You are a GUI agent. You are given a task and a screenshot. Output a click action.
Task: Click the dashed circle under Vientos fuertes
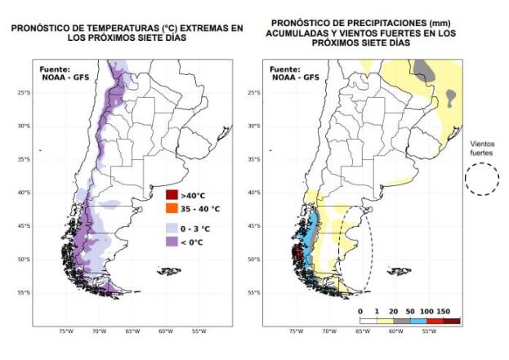482,179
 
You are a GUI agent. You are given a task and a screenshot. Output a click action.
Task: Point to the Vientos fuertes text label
482,148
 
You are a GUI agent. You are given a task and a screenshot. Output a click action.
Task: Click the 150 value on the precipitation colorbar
444,311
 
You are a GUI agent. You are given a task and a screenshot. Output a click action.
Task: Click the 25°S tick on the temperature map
24,92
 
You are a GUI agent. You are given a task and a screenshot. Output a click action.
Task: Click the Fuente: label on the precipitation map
285,69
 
